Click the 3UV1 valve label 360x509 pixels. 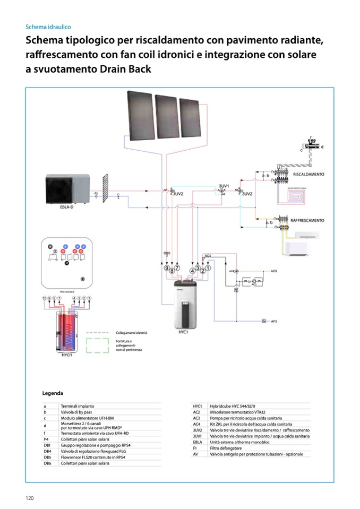point(224,186)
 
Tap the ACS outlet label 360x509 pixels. point(274,271)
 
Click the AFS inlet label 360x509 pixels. point(274,322)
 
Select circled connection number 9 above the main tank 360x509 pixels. point(166,269)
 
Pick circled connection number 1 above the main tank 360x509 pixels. point(208,269)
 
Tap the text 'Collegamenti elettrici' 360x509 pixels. point(131,333)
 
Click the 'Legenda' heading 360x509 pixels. point(53,393)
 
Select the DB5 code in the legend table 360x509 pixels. point(47,457)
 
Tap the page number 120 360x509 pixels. point(30,498)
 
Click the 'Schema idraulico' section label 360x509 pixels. point(48,27)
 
